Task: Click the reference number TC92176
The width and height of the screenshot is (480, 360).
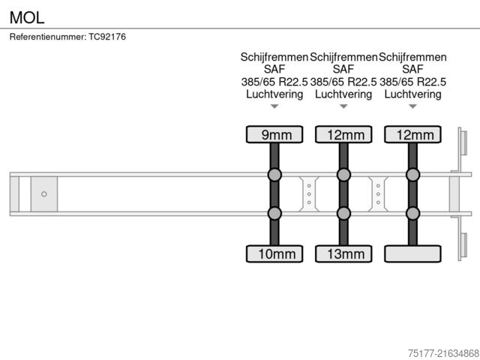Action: point(67,37)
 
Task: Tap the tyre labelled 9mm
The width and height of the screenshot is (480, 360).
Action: point(274,134)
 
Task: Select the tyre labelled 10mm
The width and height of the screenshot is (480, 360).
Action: point(274,253)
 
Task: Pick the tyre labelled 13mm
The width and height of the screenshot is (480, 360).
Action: point(343,253)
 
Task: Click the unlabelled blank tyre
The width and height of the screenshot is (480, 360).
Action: point(412,253)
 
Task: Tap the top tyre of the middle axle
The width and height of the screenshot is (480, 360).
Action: point(343,134)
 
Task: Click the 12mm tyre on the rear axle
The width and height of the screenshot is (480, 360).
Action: point(412,134)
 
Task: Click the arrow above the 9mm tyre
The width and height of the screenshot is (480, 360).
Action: point(274,106)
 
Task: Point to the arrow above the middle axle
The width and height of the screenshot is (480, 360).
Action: point(343,106)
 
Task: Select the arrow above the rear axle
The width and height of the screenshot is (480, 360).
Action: point(412,106)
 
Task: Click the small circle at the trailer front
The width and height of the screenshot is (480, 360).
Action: point(44,194)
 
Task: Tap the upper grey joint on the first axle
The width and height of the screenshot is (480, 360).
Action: point(274,175)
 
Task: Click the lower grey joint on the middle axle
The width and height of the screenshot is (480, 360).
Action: point(343,213)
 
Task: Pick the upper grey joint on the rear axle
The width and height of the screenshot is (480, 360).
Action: point(412,175)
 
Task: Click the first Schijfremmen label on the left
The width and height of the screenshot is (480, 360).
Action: point(274,57)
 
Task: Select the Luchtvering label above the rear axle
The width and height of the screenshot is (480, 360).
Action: point(412,94)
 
